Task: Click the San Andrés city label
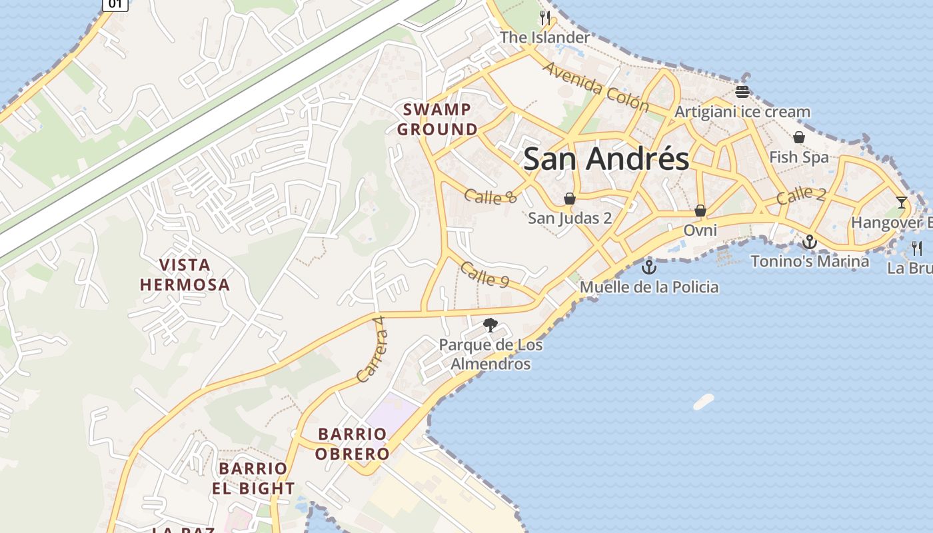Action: coord(606,159)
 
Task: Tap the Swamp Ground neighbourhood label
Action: coord(438,119)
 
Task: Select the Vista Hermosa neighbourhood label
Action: coord(185,274)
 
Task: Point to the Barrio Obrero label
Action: coord(353,444)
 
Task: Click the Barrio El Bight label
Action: coord(253,478)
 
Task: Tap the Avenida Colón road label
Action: coord(595,87)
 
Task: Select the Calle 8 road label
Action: coord(490,196)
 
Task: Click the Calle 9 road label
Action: coord(484,274)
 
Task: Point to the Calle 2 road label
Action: coord(801,195)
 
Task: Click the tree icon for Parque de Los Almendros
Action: coord(490,325)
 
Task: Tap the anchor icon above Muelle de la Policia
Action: coord(648,268)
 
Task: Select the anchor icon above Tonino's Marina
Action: coord(810,242)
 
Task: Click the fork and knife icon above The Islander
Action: coord(545,18)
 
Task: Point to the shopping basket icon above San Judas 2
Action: coord(570,199)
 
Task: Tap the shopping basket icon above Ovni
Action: coord(700,211)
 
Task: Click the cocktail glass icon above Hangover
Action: coord(902,202)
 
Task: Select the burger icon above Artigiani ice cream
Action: coord(742,92)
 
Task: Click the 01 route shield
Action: coord(115,4)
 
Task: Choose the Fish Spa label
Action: coord(799,157)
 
